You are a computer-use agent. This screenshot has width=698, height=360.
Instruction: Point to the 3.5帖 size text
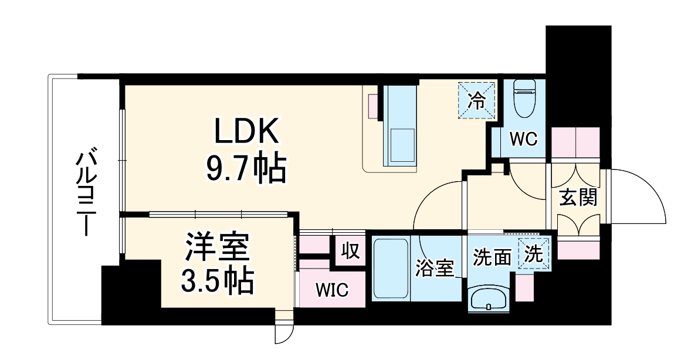coord(218,282)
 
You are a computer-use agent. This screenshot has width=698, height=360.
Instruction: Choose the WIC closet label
coord(332,290)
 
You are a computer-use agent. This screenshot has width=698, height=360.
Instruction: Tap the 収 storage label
coord(350,252)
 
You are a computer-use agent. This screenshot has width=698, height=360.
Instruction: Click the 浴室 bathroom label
coord(434,269)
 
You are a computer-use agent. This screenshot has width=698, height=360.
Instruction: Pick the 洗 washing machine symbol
coord(534,254)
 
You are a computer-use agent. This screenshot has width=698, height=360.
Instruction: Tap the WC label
coord(523,139)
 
